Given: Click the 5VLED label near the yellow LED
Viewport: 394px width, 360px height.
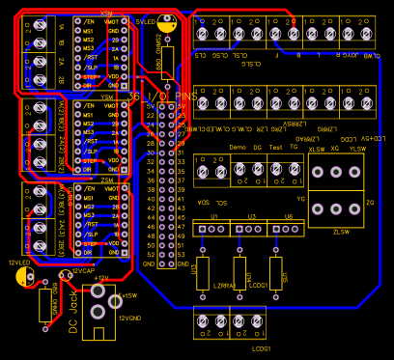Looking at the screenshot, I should pyautogui.click(x=146, y=18).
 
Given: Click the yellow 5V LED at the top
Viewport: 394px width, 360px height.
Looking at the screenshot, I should pyautogui.click(x=169, y=27).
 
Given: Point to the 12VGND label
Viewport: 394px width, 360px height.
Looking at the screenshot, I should pyautogui.click(x=131, y=316).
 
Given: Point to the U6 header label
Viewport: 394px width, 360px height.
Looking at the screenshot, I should pyautogui.click(x=288, y=216).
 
